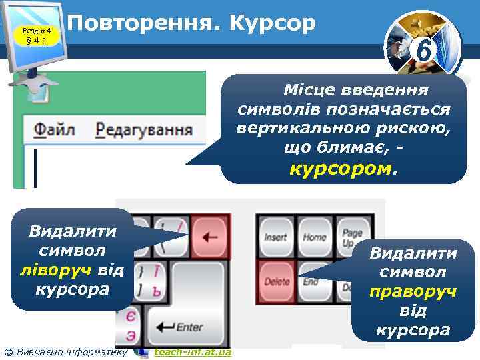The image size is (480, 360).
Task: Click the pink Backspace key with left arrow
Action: pyautogui.click(x=211, y=236)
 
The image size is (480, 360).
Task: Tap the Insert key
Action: pyautogui.click(x=276, y=237)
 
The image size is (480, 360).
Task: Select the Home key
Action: pyautogui.click(x=315, y=237)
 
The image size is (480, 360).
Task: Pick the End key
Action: pyautogui.click(x=311, y=281)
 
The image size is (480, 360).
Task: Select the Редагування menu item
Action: pyautogui.click(x=144, y=129)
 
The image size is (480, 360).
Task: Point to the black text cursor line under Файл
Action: pyautogui.click(x=35, y=168)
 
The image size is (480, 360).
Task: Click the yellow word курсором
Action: pyautogui.click(x=341, y=168)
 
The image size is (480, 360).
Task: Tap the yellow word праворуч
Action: pyautogui.click(x=413, y=291)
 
